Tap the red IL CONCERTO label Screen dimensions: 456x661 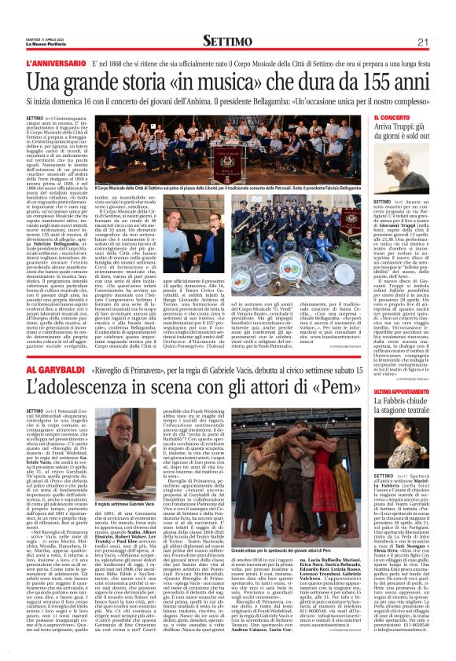[x=390, y=118]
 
